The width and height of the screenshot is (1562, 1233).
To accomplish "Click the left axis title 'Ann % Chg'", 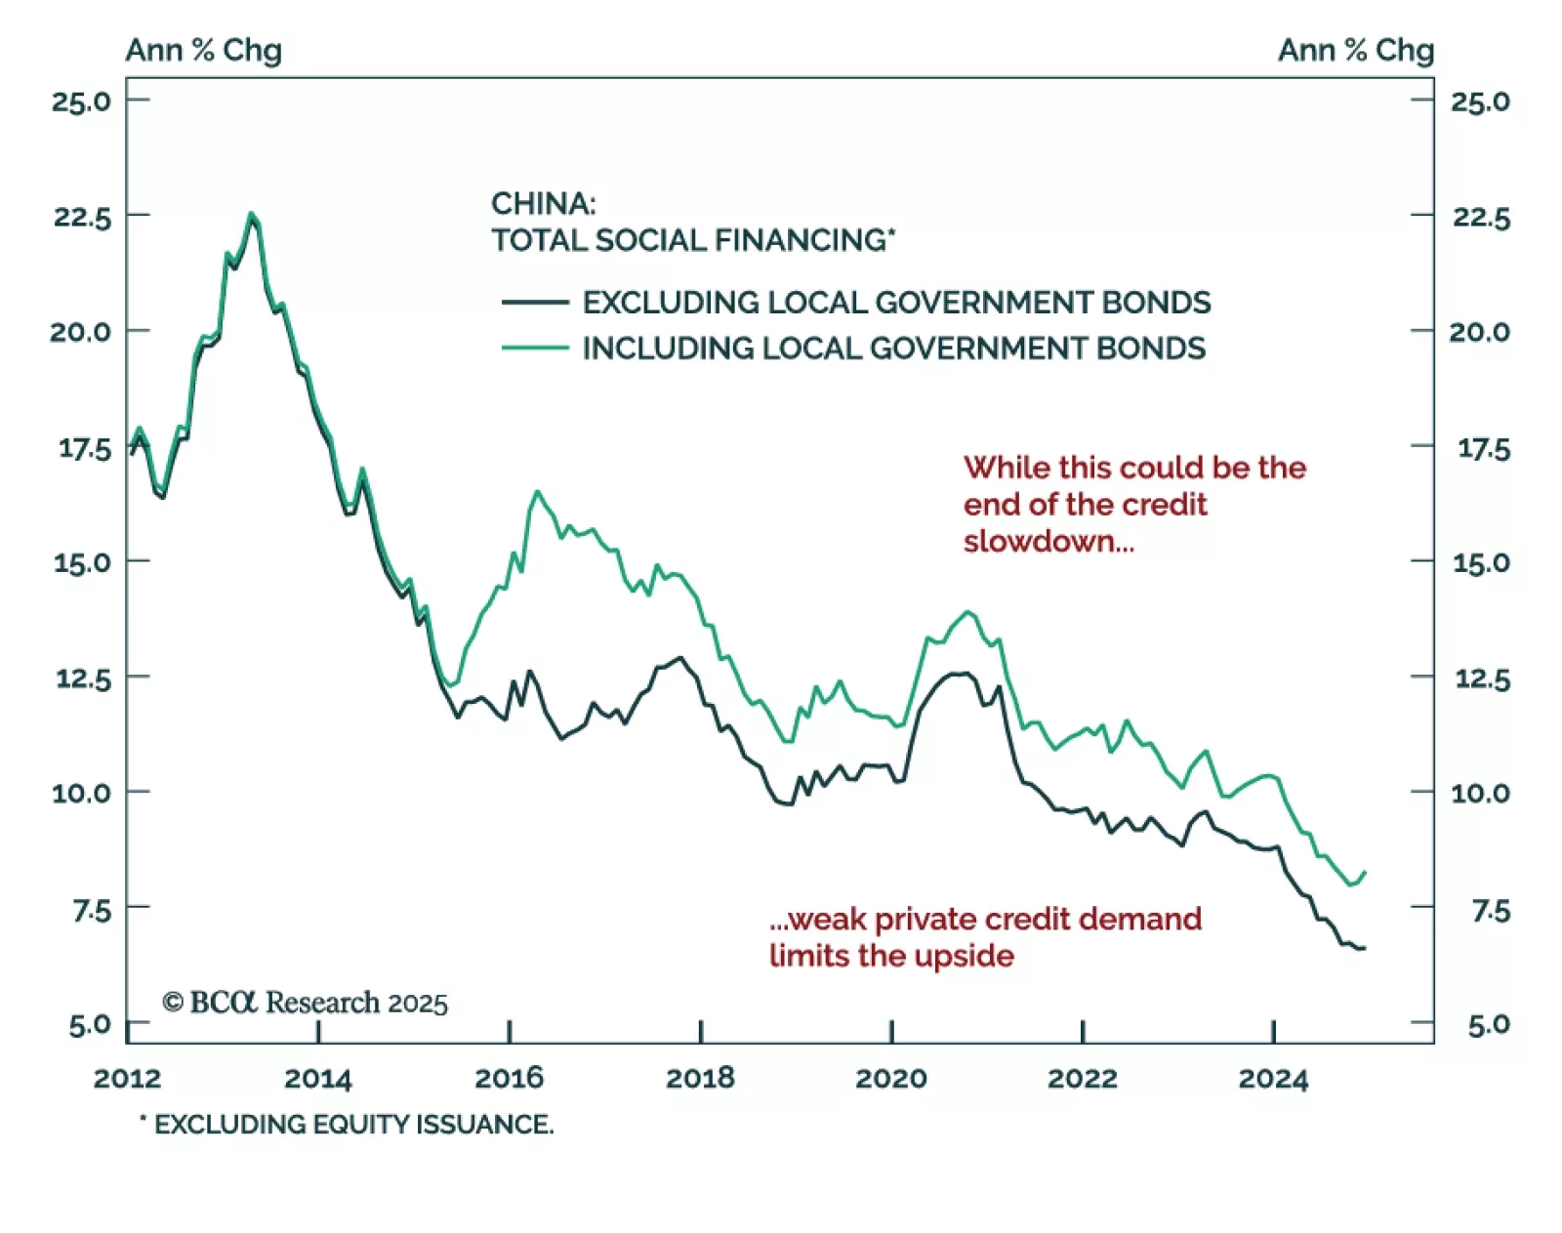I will click(x=203, y=50).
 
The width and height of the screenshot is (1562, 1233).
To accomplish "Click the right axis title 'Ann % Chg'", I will click(x=1355, y=50).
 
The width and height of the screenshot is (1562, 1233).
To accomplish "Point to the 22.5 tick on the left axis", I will click(x=82, y=217).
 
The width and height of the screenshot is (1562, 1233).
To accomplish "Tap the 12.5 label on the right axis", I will click(x=1482, y=678).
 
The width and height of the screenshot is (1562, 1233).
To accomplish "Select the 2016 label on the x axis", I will click(x=509, y=1078).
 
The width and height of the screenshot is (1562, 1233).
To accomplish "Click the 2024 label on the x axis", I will click(x=1272, y=1078).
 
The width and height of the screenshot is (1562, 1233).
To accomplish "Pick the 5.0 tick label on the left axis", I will click(x=90, y=1025).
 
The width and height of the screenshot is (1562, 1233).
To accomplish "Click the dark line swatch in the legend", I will click(x=535, y=303).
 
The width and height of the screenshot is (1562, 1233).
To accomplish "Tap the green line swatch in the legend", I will click(x=535, y=348).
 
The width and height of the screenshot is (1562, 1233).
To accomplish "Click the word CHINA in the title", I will click(x=543, y=203).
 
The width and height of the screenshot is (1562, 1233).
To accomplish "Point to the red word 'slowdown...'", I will click(x=1048, y=541).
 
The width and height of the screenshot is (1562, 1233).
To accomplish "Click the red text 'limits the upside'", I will click(x=891, y=955).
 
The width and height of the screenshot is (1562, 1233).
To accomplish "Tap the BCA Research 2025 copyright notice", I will click(x=305, y=1003).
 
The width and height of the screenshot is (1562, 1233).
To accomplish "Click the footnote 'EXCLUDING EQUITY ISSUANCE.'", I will click(x=352, y=1125).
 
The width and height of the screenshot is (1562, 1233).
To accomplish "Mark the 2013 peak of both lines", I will click(x=251, y=214).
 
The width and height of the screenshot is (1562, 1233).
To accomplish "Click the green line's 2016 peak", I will click(x=537, y=492).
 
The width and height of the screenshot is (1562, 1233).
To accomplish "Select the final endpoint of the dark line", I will click(x=1364, y=948).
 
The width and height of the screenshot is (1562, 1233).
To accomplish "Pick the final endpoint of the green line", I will click(x=1365, y=872).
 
